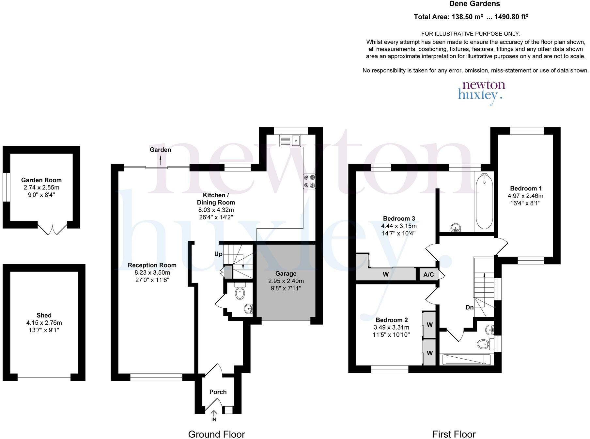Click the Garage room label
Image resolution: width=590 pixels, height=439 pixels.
(x=286, y=274)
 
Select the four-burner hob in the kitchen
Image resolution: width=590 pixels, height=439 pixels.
(x=310, y=182)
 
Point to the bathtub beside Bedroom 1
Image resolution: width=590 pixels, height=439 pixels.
(x=484, y=202)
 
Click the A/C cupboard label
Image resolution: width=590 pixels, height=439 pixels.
(x=428, y=275)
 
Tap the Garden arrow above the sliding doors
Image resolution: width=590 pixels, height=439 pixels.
(x=160, y=160)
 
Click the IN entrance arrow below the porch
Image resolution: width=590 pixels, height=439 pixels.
(x=214, y=413)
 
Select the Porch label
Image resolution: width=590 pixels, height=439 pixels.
(x=218, y=392)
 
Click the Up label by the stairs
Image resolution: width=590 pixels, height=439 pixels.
(x=218, y=254)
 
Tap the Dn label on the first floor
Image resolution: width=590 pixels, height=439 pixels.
(x=470, y=307)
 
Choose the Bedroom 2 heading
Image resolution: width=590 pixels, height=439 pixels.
(x=392, y=320)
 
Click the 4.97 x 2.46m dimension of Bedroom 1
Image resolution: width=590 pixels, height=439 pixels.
(x=525, y=196)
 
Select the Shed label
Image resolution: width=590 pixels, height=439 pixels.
(x=44, y=315)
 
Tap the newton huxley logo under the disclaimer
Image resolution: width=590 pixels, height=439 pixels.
(x=482, y=92)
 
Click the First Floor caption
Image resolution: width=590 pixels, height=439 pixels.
(x=454, y=434)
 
